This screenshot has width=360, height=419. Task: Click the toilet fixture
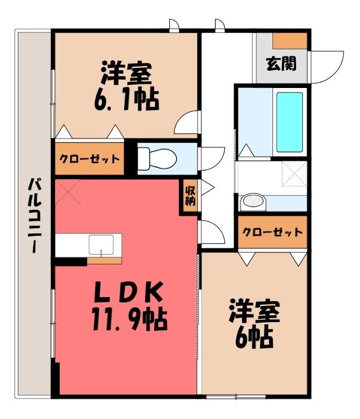pyautogui.click(x=157, y=159)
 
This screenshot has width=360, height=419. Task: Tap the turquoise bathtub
pyautogui.click(x=289, y=122)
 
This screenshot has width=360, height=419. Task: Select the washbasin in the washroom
pyautogui.click(x=253, y=203)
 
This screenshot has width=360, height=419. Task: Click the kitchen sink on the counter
pyautogui.click(x=101, y=245)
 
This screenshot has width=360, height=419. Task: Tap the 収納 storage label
pyautogui.click(x=190, y=195)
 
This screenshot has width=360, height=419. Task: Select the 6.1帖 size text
pyautogui.click(x=127, y=101)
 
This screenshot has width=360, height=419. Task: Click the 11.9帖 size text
pyautogui.click(x=129, y=319)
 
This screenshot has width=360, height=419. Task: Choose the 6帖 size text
pyautogui.click(x=254, y=338)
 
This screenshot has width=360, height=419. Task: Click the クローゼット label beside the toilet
pyautogui.click(x=90, y=159)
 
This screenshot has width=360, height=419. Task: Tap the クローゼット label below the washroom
pyautogui.click(x=272, y=231)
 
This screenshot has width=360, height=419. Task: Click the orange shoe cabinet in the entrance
pyautogui.click(x=290, y=41)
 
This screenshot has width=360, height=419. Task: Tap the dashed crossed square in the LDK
pyautogui.click(x=68, y=192)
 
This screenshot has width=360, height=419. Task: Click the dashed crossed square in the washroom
pyautogui.click(x=294, y=173)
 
